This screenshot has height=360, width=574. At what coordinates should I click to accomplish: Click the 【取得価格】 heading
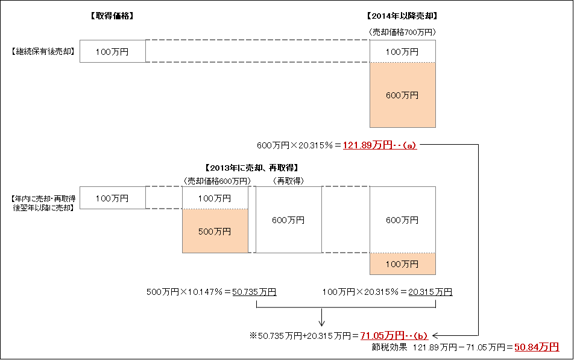click(x=112, y=16)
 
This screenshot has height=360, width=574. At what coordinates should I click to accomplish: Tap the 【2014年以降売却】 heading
click(x=402, y=16)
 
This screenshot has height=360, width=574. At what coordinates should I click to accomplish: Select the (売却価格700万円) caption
click(x=402, y=32)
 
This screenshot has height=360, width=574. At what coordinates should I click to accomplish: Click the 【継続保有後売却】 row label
click(x=43, y=51)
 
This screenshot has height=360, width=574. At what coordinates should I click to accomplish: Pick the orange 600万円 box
click(x=403, y=95)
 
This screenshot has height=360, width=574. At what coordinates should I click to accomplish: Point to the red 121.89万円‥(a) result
click(x=380, y=145)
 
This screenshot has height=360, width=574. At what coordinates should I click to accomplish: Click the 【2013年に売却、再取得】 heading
click(x=252, y=168)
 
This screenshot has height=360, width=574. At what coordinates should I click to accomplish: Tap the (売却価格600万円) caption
click(x=217, y=181)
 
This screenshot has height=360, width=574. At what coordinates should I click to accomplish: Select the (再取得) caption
click(x=288, y=181)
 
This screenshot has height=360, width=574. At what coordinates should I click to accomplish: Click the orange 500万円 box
click(x=215, y=231)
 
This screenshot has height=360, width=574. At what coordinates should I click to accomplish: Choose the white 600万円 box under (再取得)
click(x=288, y=219)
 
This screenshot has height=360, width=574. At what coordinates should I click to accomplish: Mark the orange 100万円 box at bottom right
click(x=403, y=264)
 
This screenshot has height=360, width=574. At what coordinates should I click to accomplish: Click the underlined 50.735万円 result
click(x=254, y=292)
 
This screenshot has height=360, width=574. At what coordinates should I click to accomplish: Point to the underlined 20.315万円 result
click(x=430, y=292)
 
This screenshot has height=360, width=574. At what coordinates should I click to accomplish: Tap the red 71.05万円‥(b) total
click(x=394, y=335)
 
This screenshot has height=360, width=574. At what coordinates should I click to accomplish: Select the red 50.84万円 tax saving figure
click(x=537, y=347)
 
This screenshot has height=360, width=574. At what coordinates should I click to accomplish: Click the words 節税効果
click(x=389, y=347)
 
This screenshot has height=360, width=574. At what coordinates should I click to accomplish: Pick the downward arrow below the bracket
click(x=321, y=317)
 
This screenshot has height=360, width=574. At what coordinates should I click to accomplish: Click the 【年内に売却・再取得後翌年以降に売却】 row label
click(x=43, y=203)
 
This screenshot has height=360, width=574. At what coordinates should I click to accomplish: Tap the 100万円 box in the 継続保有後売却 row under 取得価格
click(x=113, y=51)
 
